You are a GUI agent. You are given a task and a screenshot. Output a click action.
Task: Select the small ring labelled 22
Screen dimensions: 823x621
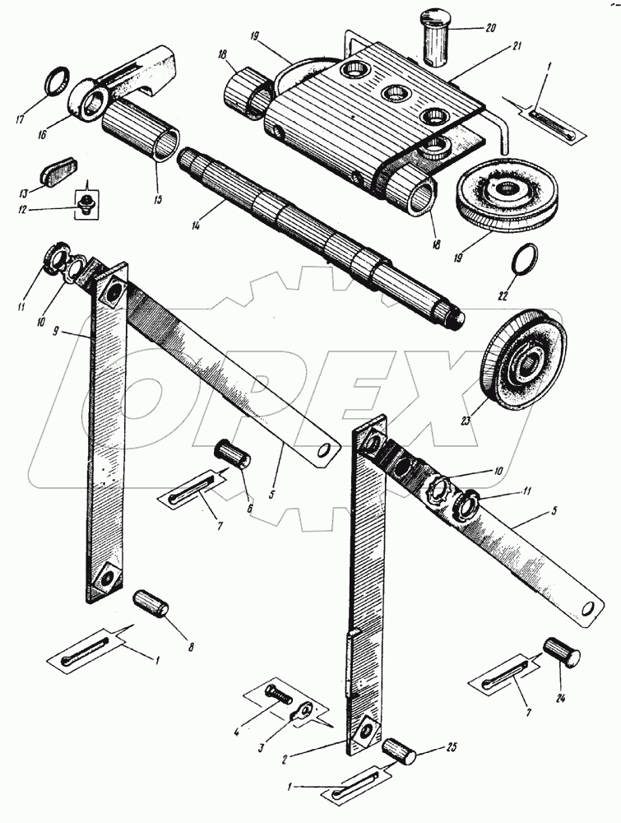pos(521,262)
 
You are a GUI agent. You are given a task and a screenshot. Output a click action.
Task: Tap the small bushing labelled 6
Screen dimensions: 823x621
pos(233,454)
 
